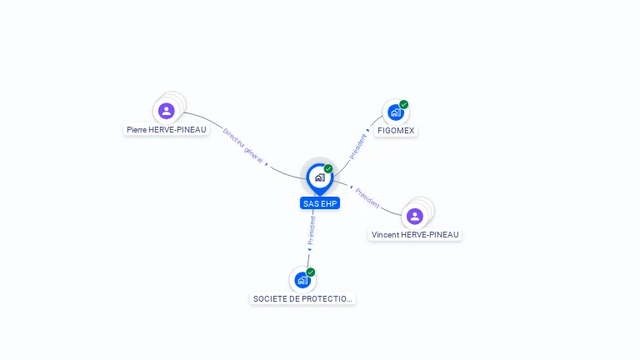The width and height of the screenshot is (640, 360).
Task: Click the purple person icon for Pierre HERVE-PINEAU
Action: [x=166, y=111]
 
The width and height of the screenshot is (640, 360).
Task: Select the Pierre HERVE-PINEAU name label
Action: [x=167, y=130]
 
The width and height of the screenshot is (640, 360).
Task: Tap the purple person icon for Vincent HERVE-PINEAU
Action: [x=415, y=217]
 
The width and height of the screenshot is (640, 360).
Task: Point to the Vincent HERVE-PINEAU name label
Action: [x=415, y=235]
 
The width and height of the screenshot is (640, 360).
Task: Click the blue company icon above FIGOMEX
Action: [x=395, y=112]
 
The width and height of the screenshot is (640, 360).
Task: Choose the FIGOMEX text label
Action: [x=396, y=131]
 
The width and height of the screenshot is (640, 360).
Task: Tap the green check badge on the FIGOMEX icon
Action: [x=404, y=105]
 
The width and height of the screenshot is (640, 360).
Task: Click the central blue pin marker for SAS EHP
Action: [x=319, y=177]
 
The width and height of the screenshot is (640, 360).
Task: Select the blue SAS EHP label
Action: [x=320, y=203]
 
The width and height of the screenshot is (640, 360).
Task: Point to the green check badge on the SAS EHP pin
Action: [x=328, y=169]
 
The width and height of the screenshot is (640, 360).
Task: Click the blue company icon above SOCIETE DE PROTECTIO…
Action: [x=302, y=280]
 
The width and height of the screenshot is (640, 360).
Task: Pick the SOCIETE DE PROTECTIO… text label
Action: [x=302, y=298]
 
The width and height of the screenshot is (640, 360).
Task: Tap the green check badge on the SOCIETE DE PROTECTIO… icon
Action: [x=311, y=272]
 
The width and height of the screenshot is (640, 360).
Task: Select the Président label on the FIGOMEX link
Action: [x=358, y=146]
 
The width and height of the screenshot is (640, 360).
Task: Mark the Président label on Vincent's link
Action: [x=367, y=197]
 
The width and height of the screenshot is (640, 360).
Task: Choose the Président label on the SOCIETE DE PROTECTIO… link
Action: [x=312, y=227]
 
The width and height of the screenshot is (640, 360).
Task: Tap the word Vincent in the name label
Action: [x=385, y=235]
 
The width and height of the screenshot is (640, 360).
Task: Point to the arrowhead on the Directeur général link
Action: [x=267, y=164]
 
